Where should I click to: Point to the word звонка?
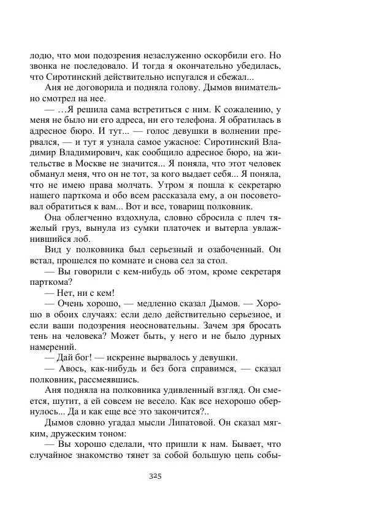click(x=46, y=65)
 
